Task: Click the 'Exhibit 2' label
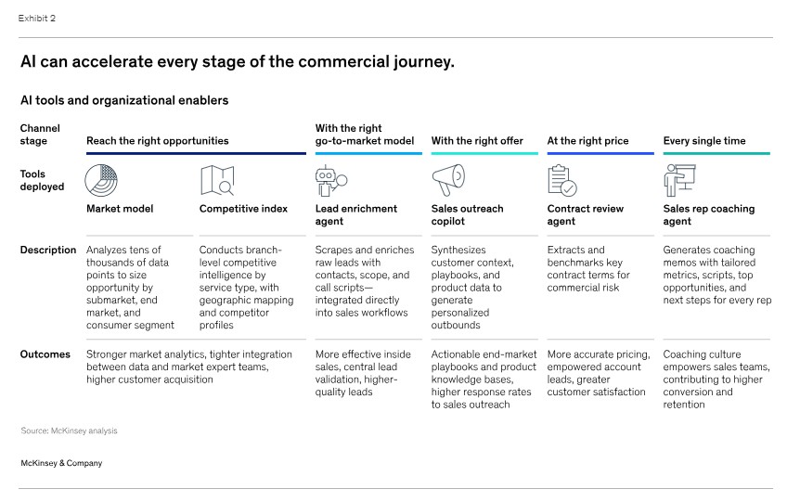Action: [36, 18]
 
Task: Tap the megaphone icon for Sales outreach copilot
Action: [448, 180]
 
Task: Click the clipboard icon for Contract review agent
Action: [562, 180]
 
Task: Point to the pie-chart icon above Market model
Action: [101, 180]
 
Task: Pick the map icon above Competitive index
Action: [217, 180]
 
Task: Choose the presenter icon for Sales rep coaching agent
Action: [679, 180]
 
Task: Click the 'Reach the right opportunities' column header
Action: [157, 140]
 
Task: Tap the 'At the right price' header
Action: [587, 140]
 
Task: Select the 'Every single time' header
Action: [704, 140]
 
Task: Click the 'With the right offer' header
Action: [477, 140]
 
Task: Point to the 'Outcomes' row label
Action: [45, 354]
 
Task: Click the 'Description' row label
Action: [48, 250]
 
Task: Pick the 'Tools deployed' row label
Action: [42, 180]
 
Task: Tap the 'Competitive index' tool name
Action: [243, 209]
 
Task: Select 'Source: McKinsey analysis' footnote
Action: [69, 431]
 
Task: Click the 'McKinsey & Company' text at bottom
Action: [61, 463]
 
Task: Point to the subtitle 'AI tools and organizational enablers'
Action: [124, 100]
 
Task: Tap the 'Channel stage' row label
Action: [40, 135]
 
